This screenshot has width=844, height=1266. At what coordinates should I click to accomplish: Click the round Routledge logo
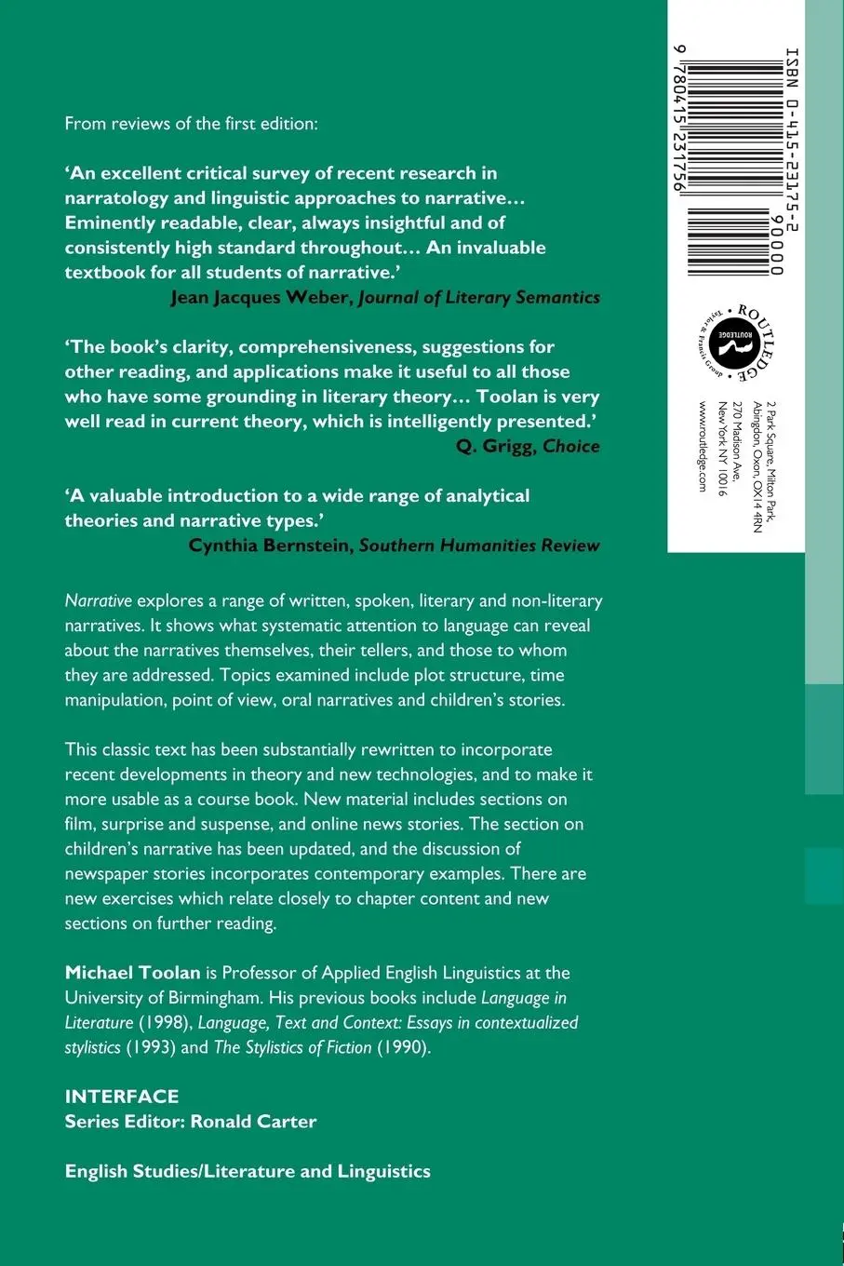(x=735, y=343)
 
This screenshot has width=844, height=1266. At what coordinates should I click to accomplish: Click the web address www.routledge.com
(x=703, y=447)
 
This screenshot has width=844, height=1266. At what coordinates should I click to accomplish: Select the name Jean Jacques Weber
(x=261, y=297)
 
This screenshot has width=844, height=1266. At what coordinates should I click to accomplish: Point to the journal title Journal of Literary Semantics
(x=479, y=297)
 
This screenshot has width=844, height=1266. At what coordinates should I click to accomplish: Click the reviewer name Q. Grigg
(x=496, y=446)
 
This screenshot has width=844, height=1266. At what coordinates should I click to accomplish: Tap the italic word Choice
(x=571, y=446)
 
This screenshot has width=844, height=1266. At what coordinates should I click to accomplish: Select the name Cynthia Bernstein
(x=271, y=545)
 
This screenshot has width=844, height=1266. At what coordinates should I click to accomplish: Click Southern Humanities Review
(x=479, y=545)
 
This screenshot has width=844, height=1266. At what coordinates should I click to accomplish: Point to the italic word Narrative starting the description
(x=99, y=600)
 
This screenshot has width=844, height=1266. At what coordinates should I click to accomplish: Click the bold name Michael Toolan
(x=133, y=973)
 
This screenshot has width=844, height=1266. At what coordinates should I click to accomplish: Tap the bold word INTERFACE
(x=122, y=1097)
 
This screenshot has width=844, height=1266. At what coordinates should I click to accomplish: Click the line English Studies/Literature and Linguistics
(x=248, y=1171)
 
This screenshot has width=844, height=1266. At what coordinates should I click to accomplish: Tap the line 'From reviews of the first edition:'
(x=191, y=123)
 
